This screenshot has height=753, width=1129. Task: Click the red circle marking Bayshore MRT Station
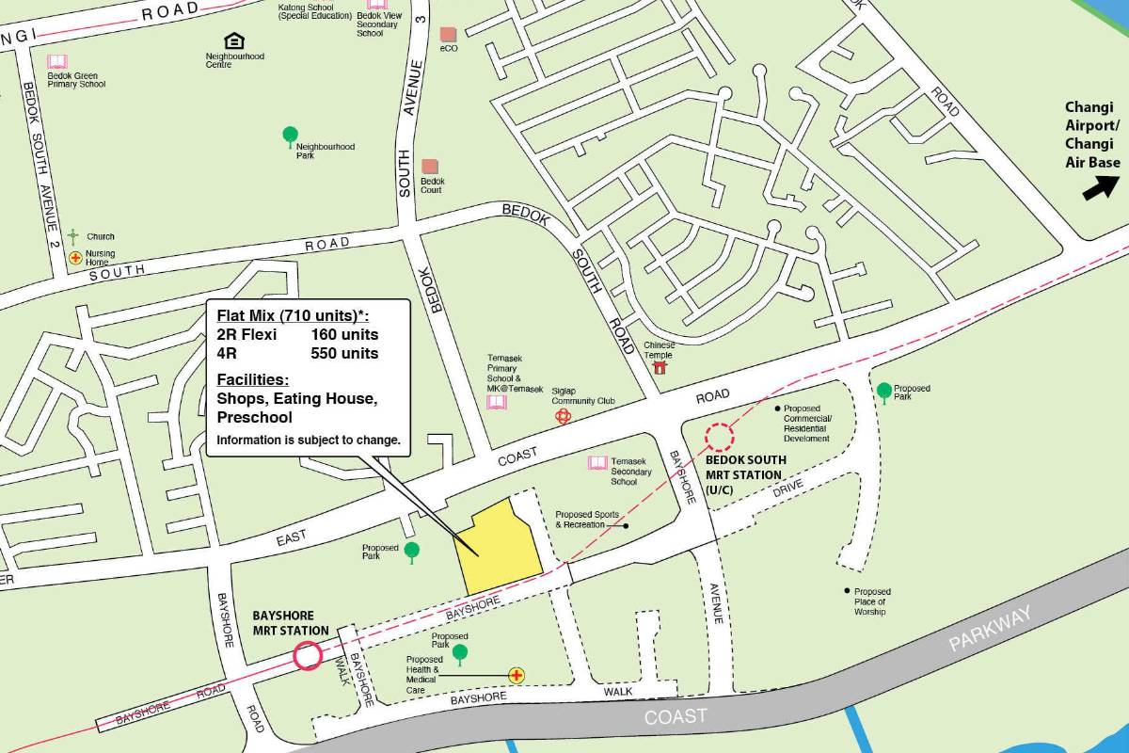point(308,656)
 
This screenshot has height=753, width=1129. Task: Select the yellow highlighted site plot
point(499,551)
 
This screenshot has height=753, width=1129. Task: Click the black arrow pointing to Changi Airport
point(1095,189)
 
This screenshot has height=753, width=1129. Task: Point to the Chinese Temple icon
point(660,365)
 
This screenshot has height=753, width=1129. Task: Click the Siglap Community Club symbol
point(564,416)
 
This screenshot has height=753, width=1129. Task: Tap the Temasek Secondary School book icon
point(597,463)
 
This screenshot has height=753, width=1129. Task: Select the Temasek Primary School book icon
point(496,403)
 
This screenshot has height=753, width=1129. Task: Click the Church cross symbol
point(73,236)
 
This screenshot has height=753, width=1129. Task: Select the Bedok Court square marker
point(430,167)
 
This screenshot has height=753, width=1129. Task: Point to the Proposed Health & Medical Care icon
point(516,675)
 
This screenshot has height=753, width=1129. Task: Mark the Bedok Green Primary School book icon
point(57,61)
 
